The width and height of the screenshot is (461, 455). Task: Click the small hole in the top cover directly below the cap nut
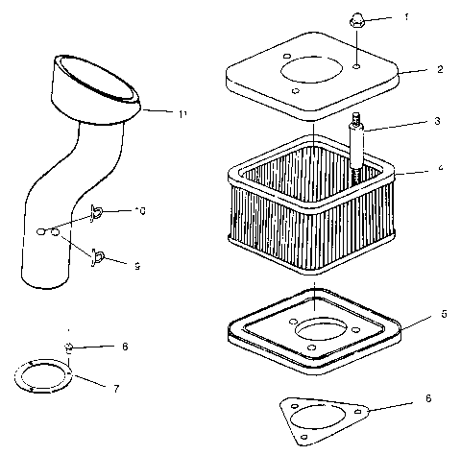point(356,68)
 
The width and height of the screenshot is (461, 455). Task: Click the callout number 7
point(116,389)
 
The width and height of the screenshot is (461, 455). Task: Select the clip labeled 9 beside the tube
point(98,256)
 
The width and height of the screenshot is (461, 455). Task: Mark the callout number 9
point(136,266)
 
